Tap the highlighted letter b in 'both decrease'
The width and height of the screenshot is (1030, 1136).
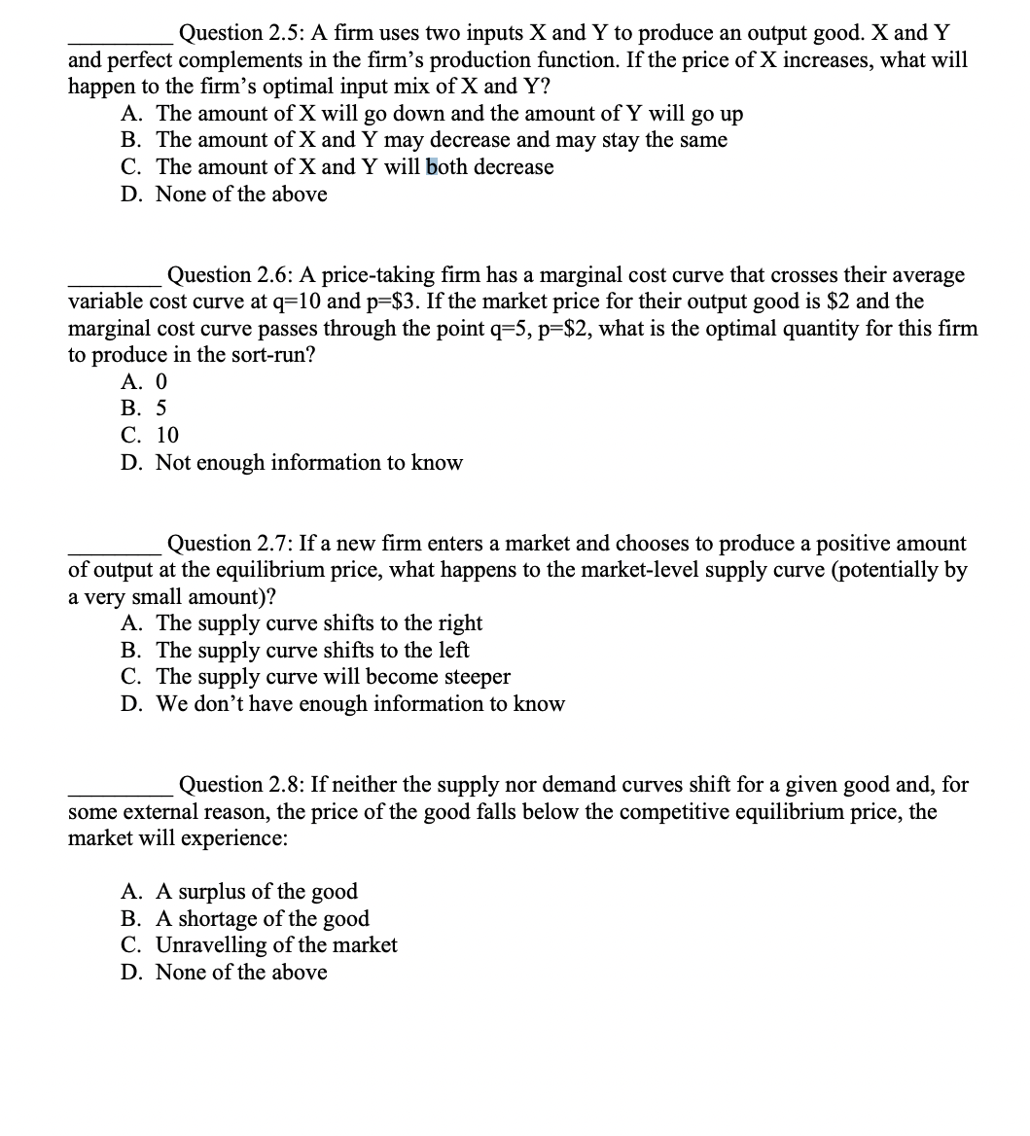(432, 167)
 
